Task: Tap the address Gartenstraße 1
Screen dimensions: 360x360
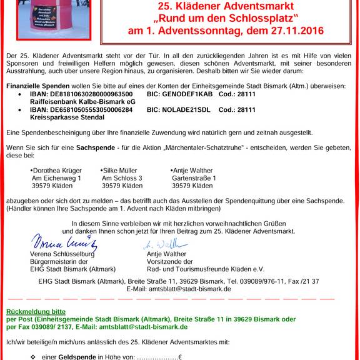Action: (194, 178)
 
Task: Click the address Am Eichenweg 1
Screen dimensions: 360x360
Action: (56, 178)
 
